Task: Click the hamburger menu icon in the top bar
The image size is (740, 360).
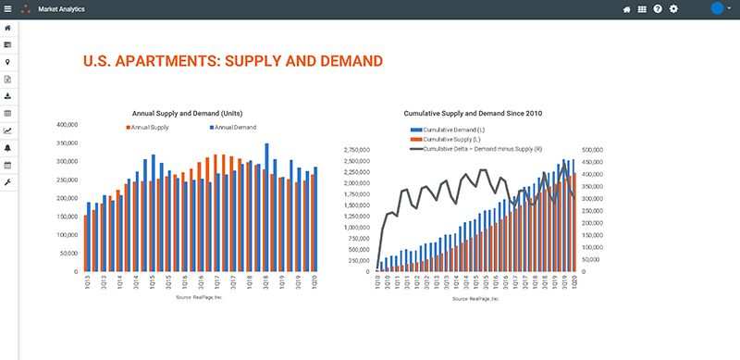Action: (x=8, y=8)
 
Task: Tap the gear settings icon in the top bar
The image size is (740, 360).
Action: (x=673, y=8)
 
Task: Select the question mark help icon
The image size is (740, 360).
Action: (x=658, y=8)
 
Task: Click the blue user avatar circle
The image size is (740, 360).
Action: (x=716, y=8)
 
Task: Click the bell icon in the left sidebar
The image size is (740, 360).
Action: (x=8, y=147)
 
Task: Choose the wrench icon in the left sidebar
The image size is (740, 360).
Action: (x=8, y=181)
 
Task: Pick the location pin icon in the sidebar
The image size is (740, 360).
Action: (x=8, y=61)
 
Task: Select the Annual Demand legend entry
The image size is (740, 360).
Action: (x=232, y=127)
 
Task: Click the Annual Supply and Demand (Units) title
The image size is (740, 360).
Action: (x=187, y=113)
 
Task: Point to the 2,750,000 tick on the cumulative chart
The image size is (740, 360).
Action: (x=357, y=149)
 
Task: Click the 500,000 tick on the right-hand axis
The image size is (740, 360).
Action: (x=594, y=149)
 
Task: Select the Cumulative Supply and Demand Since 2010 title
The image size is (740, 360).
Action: (x=473, y=113)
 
